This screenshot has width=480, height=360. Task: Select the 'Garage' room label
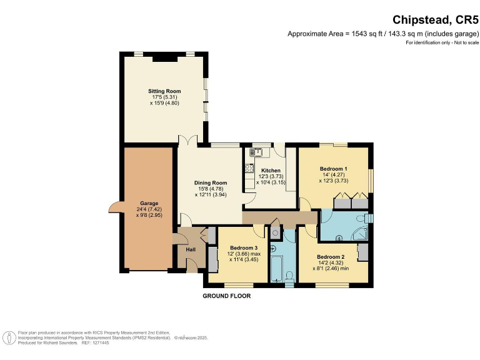(x=149, y=203)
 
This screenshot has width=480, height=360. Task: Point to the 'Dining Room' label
(x=210, y=182)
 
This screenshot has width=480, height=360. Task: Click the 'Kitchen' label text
(x=271, y=171)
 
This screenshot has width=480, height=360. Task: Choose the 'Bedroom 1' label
(x=334, y=169)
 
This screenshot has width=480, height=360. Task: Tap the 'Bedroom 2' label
(x=331, y=257)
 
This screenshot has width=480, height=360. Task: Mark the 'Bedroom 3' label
(x=241, y=247)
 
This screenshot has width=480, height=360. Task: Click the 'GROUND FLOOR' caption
(x=227, y=296)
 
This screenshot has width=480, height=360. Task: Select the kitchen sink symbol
(x=256, y=151)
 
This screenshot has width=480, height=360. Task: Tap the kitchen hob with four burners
(x=249, y=167)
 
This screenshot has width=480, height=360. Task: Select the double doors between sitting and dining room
(x=187, y=141)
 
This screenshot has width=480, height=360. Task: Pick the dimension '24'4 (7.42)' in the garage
(x=149, y=209)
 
